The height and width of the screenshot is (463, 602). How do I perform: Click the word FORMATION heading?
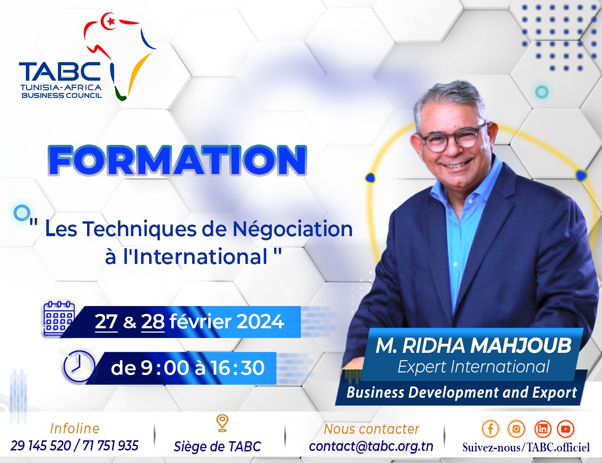(177, 160)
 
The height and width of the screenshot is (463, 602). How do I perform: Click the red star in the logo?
(111, 21)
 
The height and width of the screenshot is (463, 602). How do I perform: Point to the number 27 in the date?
(106, 321)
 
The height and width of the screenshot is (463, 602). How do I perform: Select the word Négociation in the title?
(292, 229)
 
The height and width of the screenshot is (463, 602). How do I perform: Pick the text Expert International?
(473, 367)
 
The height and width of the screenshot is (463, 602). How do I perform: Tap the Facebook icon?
(490, 429)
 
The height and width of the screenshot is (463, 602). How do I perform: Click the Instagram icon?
(516, 429)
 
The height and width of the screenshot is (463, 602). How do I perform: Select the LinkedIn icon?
(542, 429)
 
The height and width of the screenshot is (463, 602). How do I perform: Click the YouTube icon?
(565, 429)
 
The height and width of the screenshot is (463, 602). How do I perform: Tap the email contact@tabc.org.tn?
(371, 446)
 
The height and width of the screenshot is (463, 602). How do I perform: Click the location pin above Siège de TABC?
(222, 423)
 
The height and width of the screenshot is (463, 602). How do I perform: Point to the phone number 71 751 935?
(110, 445)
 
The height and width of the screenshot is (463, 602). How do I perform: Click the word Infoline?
(75, 428)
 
